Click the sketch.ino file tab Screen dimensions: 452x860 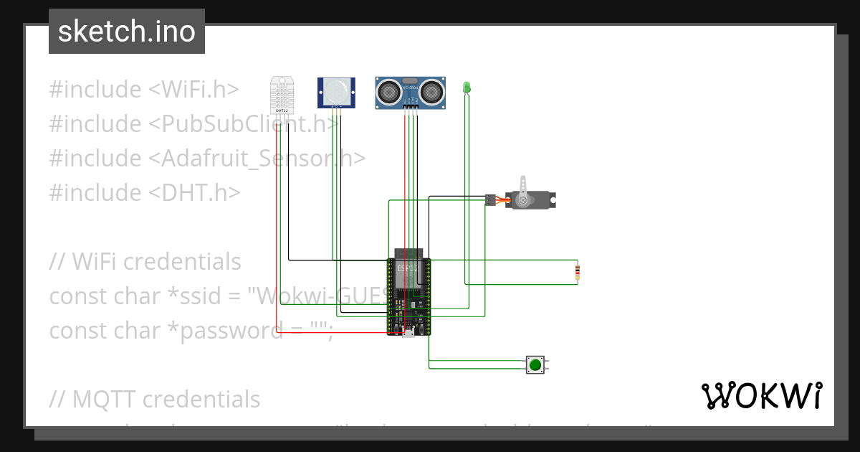(x=126, y=32)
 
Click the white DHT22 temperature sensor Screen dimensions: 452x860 (x=282, y=94)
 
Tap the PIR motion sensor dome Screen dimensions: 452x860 (x=335, y=90)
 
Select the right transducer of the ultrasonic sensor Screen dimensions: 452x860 (x=431, y=90)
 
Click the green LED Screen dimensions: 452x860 (x=467, y=87)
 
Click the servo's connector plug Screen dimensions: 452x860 (x=490, y=200)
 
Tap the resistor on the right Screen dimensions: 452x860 (x=578, y=272)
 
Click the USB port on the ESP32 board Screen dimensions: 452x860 (x=408, y=332)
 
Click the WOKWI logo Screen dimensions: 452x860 (x=761, y=395)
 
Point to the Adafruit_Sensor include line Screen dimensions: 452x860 (x=207, y=159)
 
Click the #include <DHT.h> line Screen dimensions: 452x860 (x=144, y=193)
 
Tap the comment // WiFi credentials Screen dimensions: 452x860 (x=145, y=262)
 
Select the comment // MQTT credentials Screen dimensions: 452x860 (x=154, y=399)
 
